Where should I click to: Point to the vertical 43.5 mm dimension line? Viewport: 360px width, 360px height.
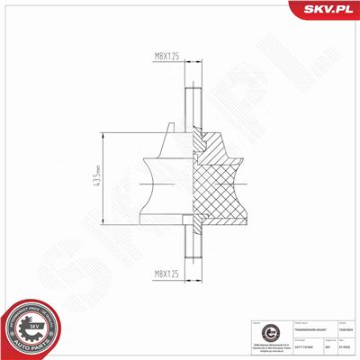click(x=105, y=180)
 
